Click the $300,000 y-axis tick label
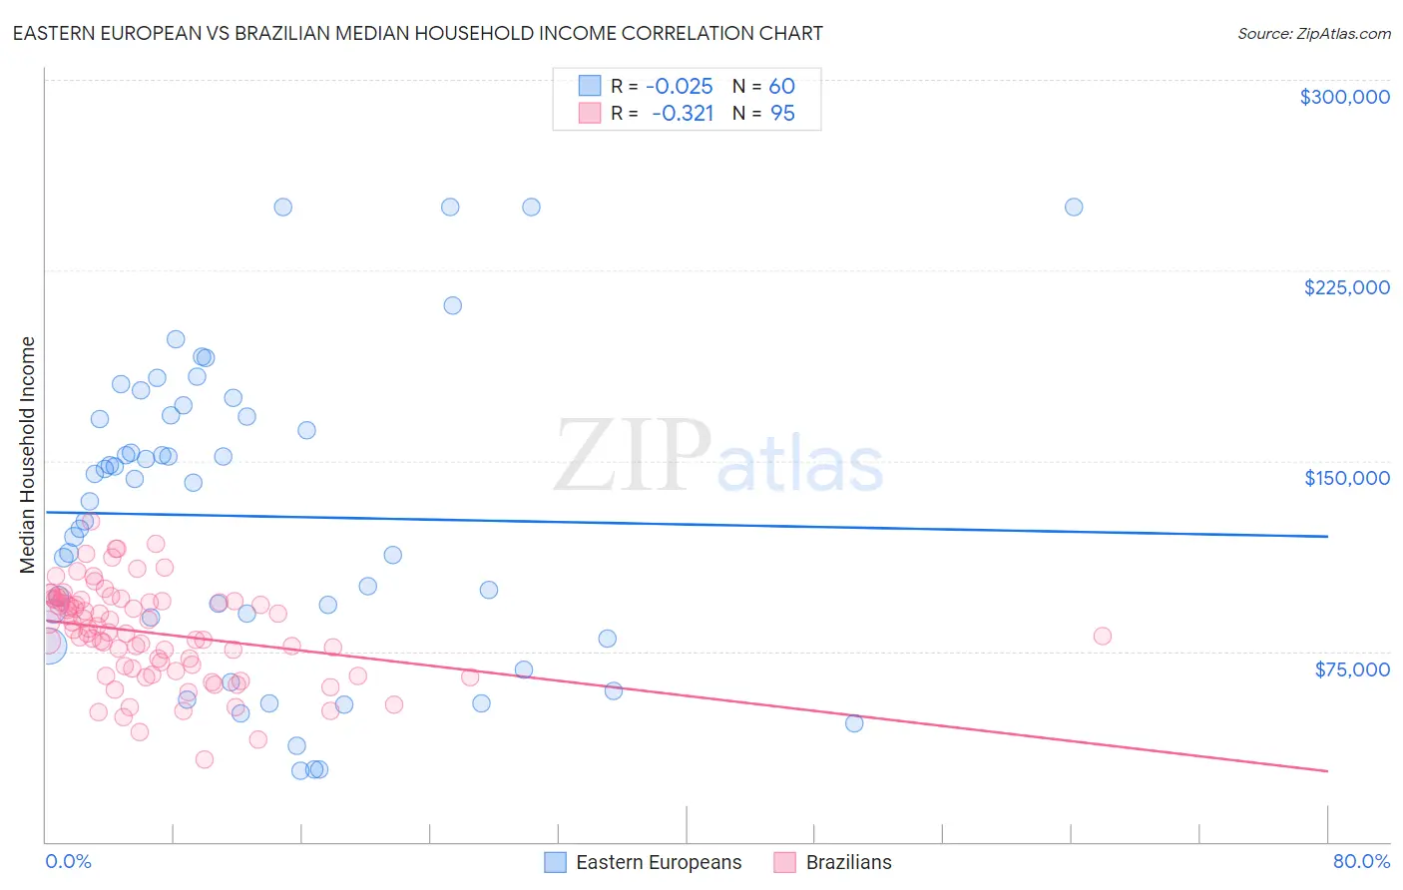point(1344,97)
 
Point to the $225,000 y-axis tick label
point(1346,287)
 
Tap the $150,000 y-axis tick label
point(1346,478)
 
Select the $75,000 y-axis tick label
point(1351,669)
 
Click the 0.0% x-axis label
point(68,862)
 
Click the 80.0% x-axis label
point(1361,862)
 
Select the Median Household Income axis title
point(28,455)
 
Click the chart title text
point(418,33)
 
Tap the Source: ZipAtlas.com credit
point(1313,34)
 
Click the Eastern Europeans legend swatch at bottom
point(556,862)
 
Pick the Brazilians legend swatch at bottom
point(785,862)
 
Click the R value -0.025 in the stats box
point(680,87)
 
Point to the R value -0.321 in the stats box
point(683,114)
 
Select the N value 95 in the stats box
point(782,114)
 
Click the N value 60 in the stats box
point(781,87)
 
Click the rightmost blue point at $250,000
point(1074,208)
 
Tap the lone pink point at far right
point(1103,637)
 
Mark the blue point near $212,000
point(453,306)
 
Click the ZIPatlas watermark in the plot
point(718,457)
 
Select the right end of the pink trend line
point(1327,771)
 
